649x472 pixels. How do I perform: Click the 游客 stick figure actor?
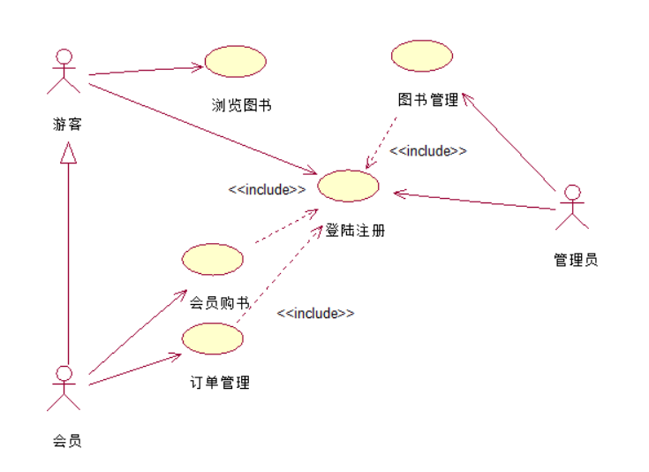63,71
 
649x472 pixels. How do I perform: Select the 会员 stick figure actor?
63,388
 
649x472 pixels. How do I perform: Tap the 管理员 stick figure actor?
572,207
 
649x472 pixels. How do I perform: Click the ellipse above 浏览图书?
236,61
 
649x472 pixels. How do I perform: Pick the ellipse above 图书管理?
422,56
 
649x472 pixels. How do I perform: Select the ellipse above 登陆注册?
348,186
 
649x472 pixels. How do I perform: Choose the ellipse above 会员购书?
212,259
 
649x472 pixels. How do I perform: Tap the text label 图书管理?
428,100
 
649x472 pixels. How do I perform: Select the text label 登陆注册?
355,231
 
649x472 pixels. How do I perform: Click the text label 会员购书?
219,303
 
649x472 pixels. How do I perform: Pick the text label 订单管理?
220,383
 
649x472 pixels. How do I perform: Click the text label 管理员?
576,260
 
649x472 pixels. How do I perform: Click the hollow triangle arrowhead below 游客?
68,153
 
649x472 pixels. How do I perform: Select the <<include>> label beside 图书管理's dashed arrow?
428,150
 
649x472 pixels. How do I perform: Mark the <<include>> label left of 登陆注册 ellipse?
267,189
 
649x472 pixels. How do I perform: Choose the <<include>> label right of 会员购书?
315,313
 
